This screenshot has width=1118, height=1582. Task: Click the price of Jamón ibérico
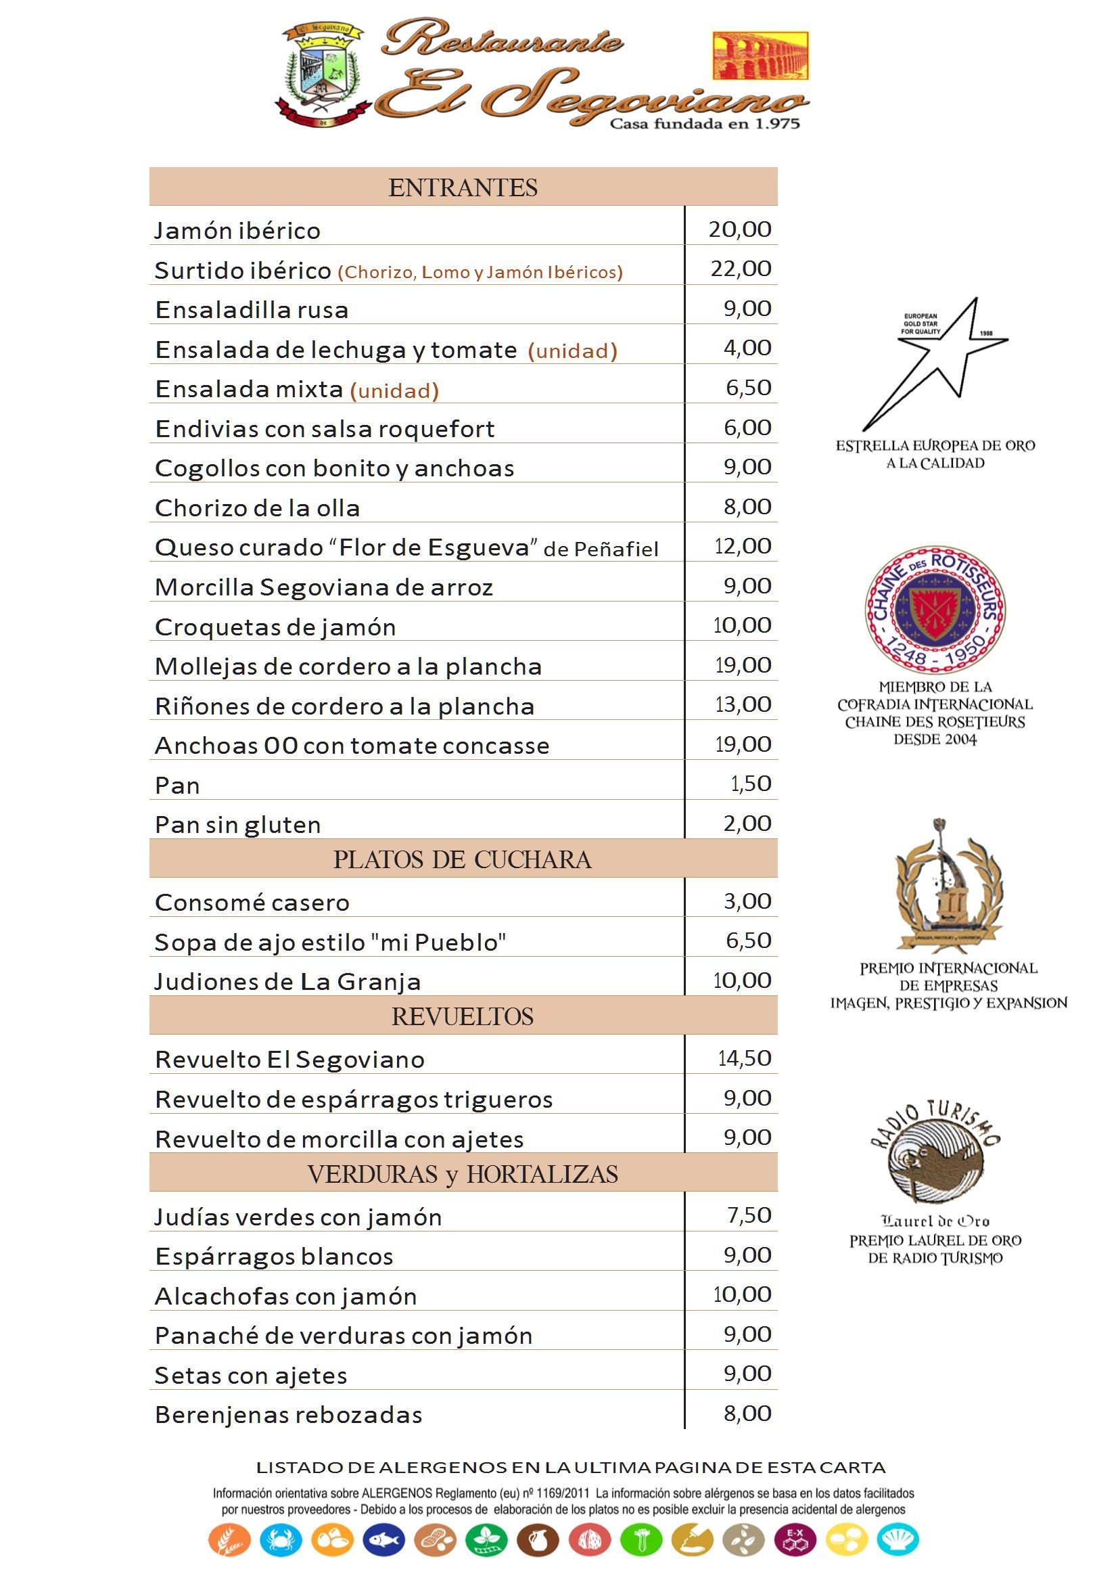pyautogui.click(x=739, y=229)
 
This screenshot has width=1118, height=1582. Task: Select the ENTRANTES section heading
pyautogui.click(x=463, y=187)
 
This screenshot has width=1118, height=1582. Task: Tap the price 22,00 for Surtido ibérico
pyautogui.click(x=741, y=269)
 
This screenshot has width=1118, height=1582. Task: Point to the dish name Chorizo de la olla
pyautogui.click(x=258, y=509)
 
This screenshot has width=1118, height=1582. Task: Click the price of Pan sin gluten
pyautogui.click(x=747, y=823)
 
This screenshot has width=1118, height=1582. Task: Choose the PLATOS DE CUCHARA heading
pyautogui.click(x=463, y=860)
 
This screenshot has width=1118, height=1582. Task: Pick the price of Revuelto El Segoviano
pyautogui.click(x=744, y=1058)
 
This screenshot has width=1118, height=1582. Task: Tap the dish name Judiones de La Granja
pyautogui.click(x=287, y=981)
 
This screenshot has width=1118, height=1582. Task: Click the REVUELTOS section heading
pyautogui.click(x=463, y=1017)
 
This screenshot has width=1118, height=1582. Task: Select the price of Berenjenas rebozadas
pyautogui.click(x=747, y=1414)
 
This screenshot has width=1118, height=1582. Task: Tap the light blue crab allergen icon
pyautogui.click(x=281, y=1540)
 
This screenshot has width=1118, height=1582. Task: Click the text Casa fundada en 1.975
pyautogui.click(x=705, y=125)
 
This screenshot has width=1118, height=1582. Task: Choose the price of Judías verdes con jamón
pyautogui.click(x=749, y=1215)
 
